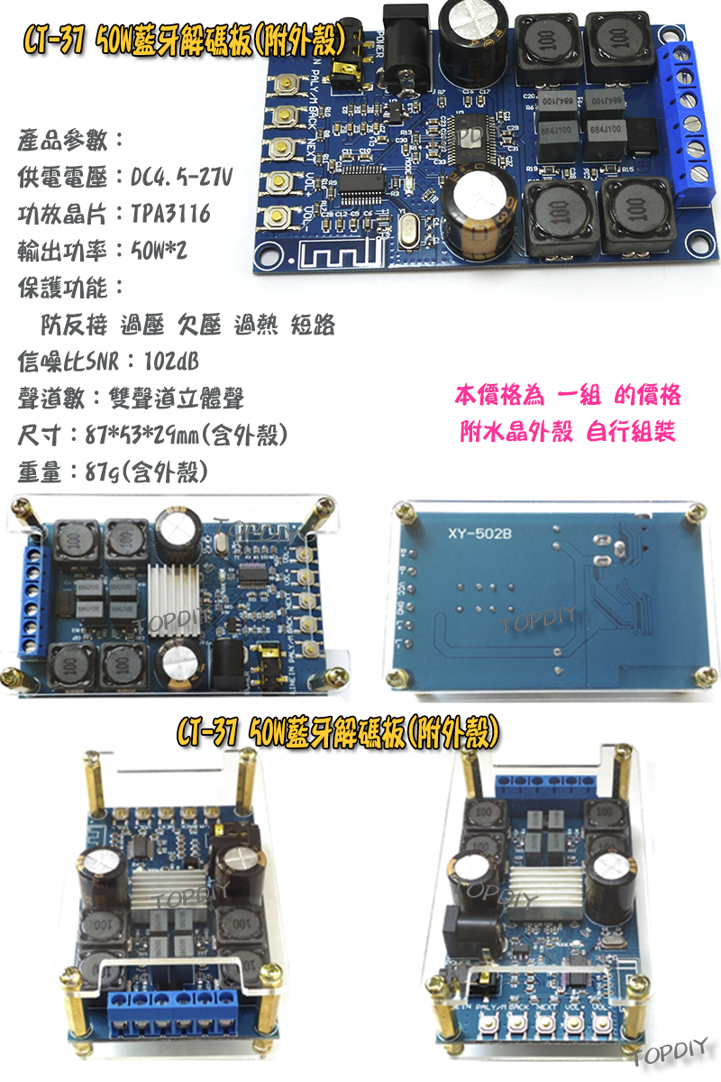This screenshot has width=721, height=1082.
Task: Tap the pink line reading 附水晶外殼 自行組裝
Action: [568, 432]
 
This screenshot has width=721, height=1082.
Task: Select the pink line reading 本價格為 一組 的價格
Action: [568, 396]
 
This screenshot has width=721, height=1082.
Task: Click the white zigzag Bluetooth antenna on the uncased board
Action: [341, 252]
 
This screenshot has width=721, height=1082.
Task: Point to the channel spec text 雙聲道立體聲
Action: [188, 399]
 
